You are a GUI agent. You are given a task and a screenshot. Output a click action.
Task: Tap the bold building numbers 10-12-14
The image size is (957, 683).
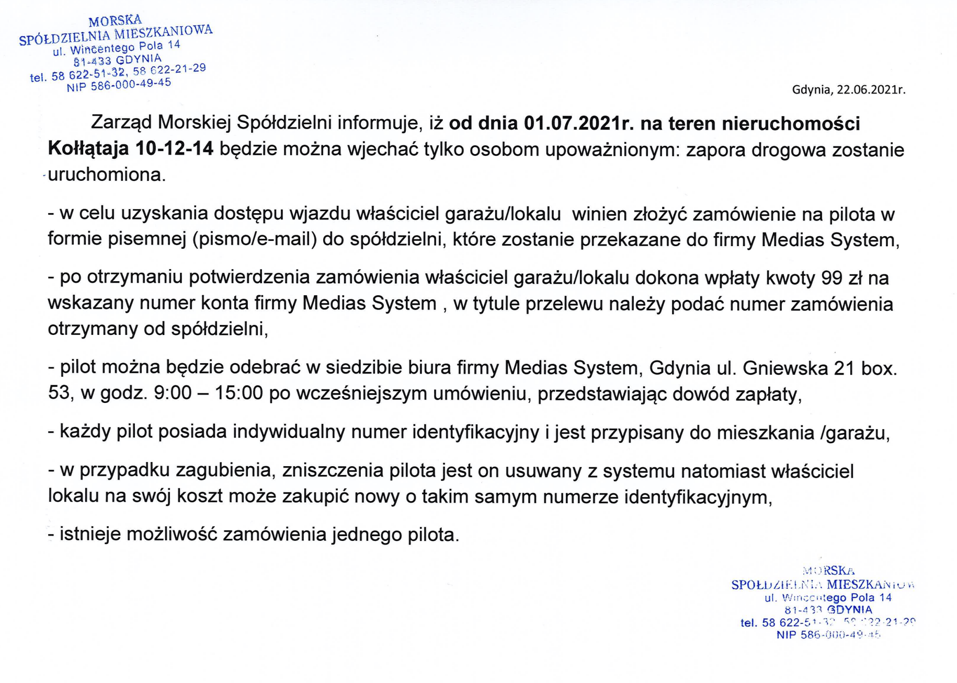174,149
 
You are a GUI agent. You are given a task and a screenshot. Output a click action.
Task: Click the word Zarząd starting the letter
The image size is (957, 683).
121,123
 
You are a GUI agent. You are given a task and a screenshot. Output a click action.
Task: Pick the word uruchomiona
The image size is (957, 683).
106,175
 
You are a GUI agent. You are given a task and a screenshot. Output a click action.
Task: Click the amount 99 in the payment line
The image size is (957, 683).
832,278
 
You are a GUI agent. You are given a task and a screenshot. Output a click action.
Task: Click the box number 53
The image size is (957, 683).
59,393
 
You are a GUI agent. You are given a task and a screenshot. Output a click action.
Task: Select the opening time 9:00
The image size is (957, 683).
173,393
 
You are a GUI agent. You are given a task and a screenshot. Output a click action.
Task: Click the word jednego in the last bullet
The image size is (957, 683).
367,535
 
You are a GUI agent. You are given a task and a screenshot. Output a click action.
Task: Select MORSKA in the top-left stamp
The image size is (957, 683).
115,21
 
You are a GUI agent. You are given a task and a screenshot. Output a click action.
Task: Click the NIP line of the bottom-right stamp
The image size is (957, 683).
829,635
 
